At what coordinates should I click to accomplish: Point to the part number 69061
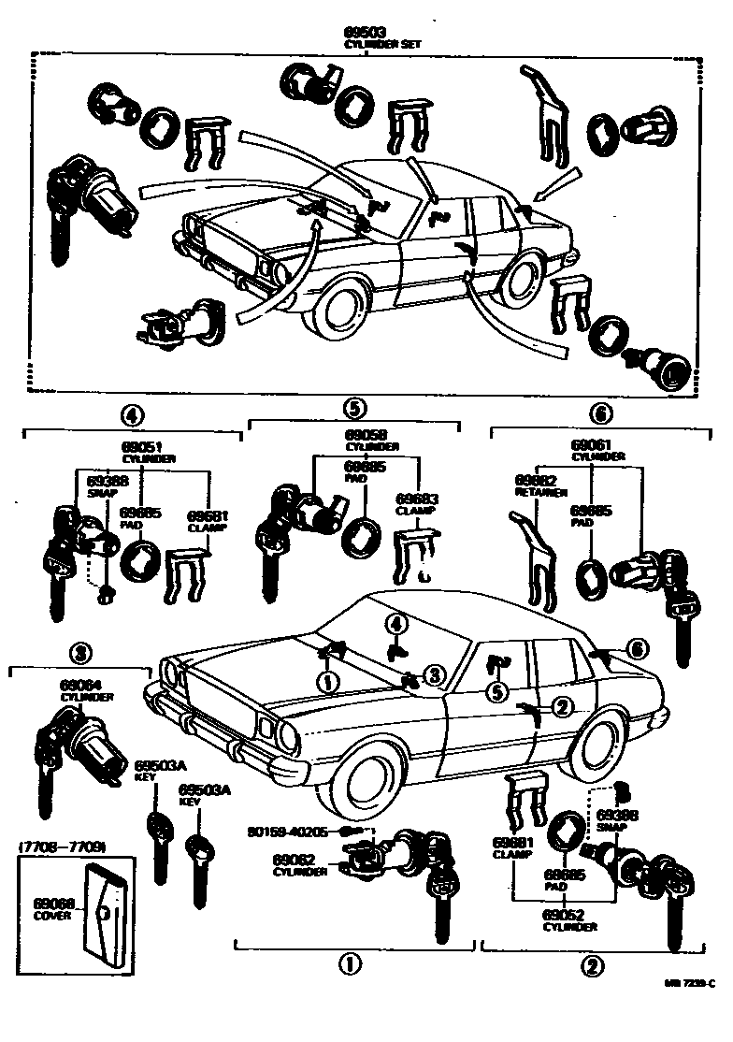click(591, 445)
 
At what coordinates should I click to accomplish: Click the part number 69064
click(75, 685)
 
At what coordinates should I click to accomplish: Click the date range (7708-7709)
click(61, 847)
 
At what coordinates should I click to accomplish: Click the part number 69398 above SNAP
click(617, 816)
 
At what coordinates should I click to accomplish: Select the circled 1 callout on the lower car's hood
click(327, 683)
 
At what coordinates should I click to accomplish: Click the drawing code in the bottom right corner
click(690, 983)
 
